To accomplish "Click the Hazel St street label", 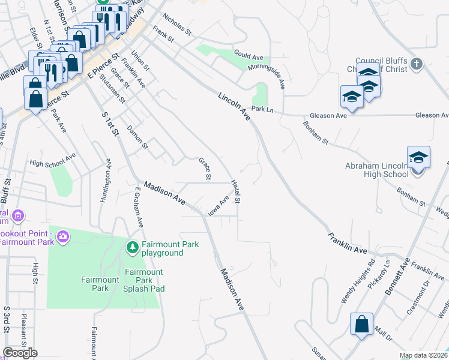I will tap(237, 191).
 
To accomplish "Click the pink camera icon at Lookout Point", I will tap(63, 238).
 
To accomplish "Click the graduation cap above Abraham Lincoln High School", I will tap(418, 157).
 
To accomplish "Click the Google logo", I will tap(20, 353).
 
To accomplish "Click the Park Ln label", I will tap(262, 109).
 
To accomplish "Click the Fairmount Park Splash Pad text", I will tap(143, 280).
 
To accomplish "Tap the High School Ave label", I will tap(52, 160).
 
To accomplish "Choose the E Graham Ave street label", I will tap(138, 206).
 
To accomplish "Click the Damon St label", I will tap(137, 137).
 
